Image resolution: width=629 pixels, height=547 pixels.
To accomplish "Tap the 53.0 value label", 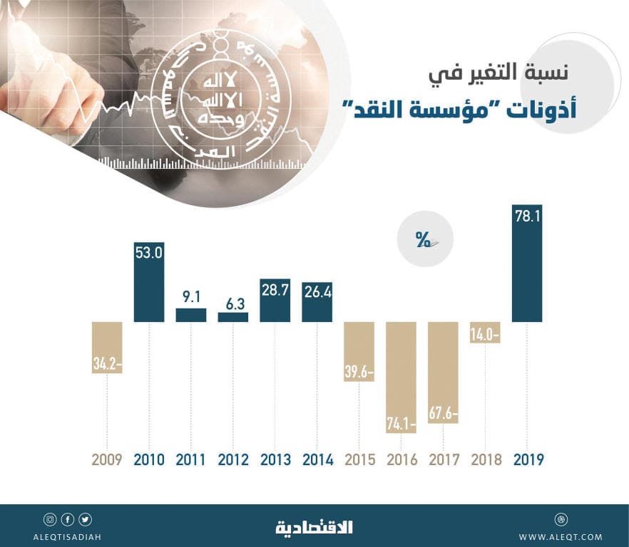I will click(x=149, y=253).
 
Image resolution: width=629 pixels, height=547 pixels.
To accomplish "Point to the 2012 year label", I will click(x=232, y=460).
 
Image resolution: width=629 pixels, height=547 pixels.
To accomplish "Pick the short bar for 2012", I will click(x=232, y=317).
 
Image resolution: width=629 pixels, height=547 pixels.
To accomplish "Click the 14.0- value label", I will click(x=485, y=333).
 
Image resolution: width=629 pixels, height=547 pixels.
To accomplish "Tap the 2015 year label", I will click(x=359, y=460).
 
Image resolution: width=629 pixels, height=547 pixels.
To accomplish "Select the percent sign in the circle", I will click(x=423, y=241).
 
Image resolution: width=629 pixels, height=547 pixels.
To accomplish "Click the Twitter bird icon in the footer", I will click(x=86, y=519).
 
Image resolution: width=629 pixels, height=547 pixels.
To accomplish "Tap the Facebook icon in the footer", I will click(x=68, y=519).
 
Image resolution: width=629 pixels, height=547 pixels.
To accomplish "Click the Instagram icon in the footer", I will click(x=50, y=519).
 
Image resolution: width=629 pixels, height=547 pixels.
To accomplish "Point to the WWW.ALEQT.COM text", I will click(x=561, y=537).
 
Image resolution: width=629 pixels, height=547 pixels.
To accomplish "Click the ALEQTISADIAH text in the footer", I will click(x=68, y=537).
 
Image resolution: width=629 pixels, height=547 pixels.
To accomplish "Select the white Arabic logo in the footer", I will click(x=314, y=528).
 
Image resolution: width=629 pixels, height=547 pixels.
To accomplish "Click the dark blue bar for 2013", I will click(x=275, y=301).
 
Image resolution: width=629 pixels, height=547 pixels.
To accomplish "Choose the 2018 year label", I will click(x=485, y=460).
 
